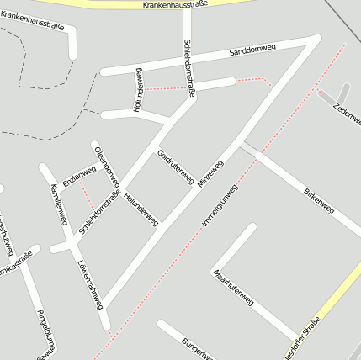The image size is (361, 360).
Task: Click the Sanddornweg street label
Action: [x=252, y=52]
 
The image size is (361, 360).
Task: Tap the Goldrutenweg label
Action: [x=176, y=166]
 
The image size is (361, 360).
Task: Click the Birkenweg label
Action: [x=319, y=199]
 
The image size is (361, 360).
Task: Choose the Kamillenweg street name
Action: [x=58, y=204]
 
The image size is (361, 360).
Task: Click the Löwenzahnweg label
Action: [x=89, y=280]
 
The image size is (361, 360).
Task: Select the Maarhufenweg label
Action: [x=233, y=288]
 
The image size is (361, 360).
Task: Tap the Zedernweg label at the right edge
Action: [x=347, y=114]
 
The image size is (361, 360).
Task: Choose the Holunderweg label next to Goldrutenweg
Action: [x=141, y=208]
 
